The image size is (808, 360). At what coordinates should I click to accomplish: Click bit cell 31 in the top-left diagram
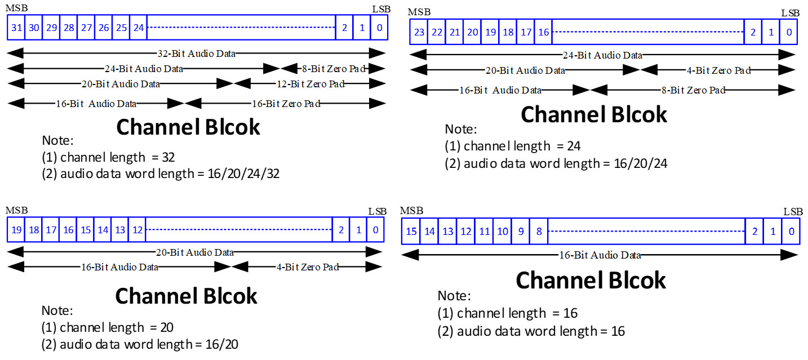coord(16,28)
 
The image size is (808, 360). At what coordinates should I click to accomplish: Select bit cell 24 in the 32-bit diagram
coord(138,28)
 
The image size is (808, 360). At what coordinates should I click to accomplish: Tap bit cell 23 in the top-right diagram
coord(419,32)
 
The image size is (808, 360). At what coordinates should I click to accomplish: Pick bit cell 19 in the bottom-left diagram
coord(16,230)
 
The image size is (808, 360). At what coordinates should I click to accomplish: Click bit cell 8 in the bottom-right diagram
coord(539,232)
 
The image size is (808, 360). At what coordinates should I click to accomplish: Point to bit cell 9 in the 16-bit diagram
coord(520,232)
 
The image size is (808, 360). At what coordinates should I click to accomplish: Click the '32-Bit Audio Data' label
coord(196,54)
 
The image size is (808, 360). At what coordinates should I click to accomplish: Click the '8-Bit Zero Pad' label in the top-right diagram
coord(692,90)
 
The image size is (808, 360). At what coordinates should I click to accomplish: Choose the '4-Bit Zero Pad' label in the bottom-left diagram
coord(307,267)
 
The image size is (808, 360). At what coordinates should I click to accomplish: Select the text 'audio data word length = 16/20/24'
coord(557,163)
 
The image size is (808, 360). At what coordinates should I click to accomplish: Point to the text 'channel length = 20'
coord(109,327)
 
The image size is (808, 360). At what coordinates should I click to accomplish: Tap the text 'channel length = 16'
coord(508,313)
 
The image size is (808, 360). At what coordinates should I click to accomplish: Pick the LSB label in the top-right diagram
coord(790,13)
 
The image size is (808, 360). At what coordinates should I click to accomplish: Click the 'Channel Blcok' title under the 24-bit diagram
coord(593,114)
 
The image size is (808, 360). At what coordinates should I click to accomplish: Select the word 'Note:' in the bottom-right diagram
coord(454,296)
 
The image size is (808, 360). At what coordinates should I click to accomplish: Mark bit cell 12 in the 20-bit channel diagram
coord(137,230)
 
